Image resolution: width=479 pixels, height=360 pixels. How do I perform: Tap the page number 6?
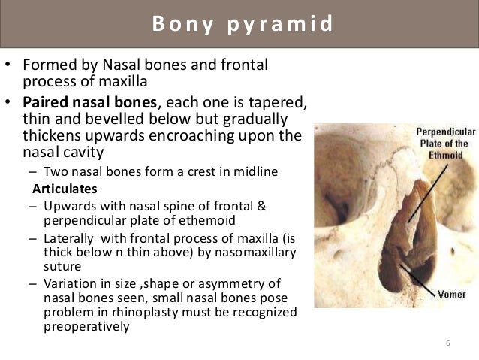click(x=447, y=343)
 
